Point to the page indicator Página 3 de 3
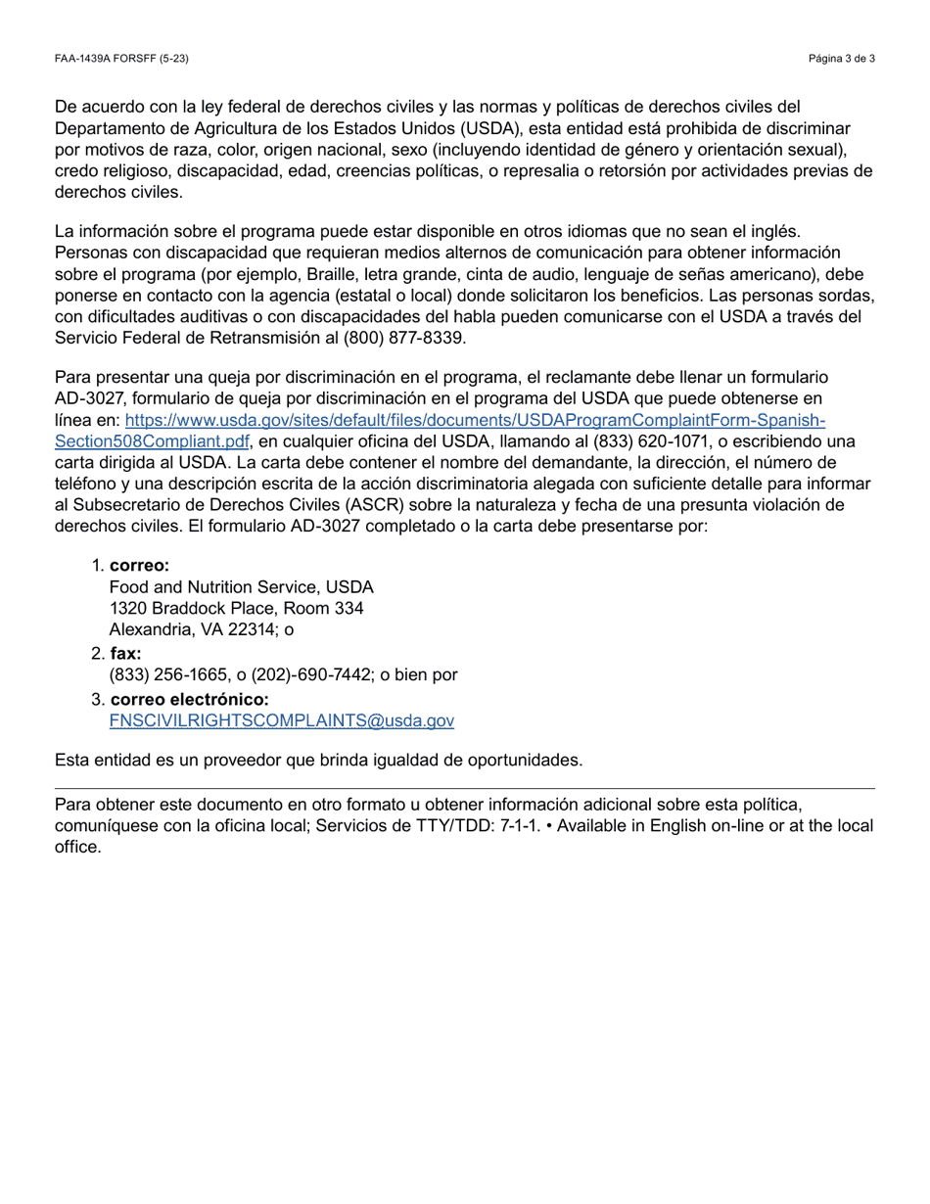841,59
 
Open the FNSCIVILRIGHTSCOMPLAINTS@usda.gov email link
282,720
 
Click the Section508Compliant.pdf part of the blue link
153,441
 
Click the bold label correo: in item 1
139,566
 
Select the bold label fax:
125,653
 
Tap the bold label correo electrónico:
189,699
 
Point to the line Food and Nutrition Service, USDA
241,587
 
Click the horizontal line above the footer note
465,788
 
